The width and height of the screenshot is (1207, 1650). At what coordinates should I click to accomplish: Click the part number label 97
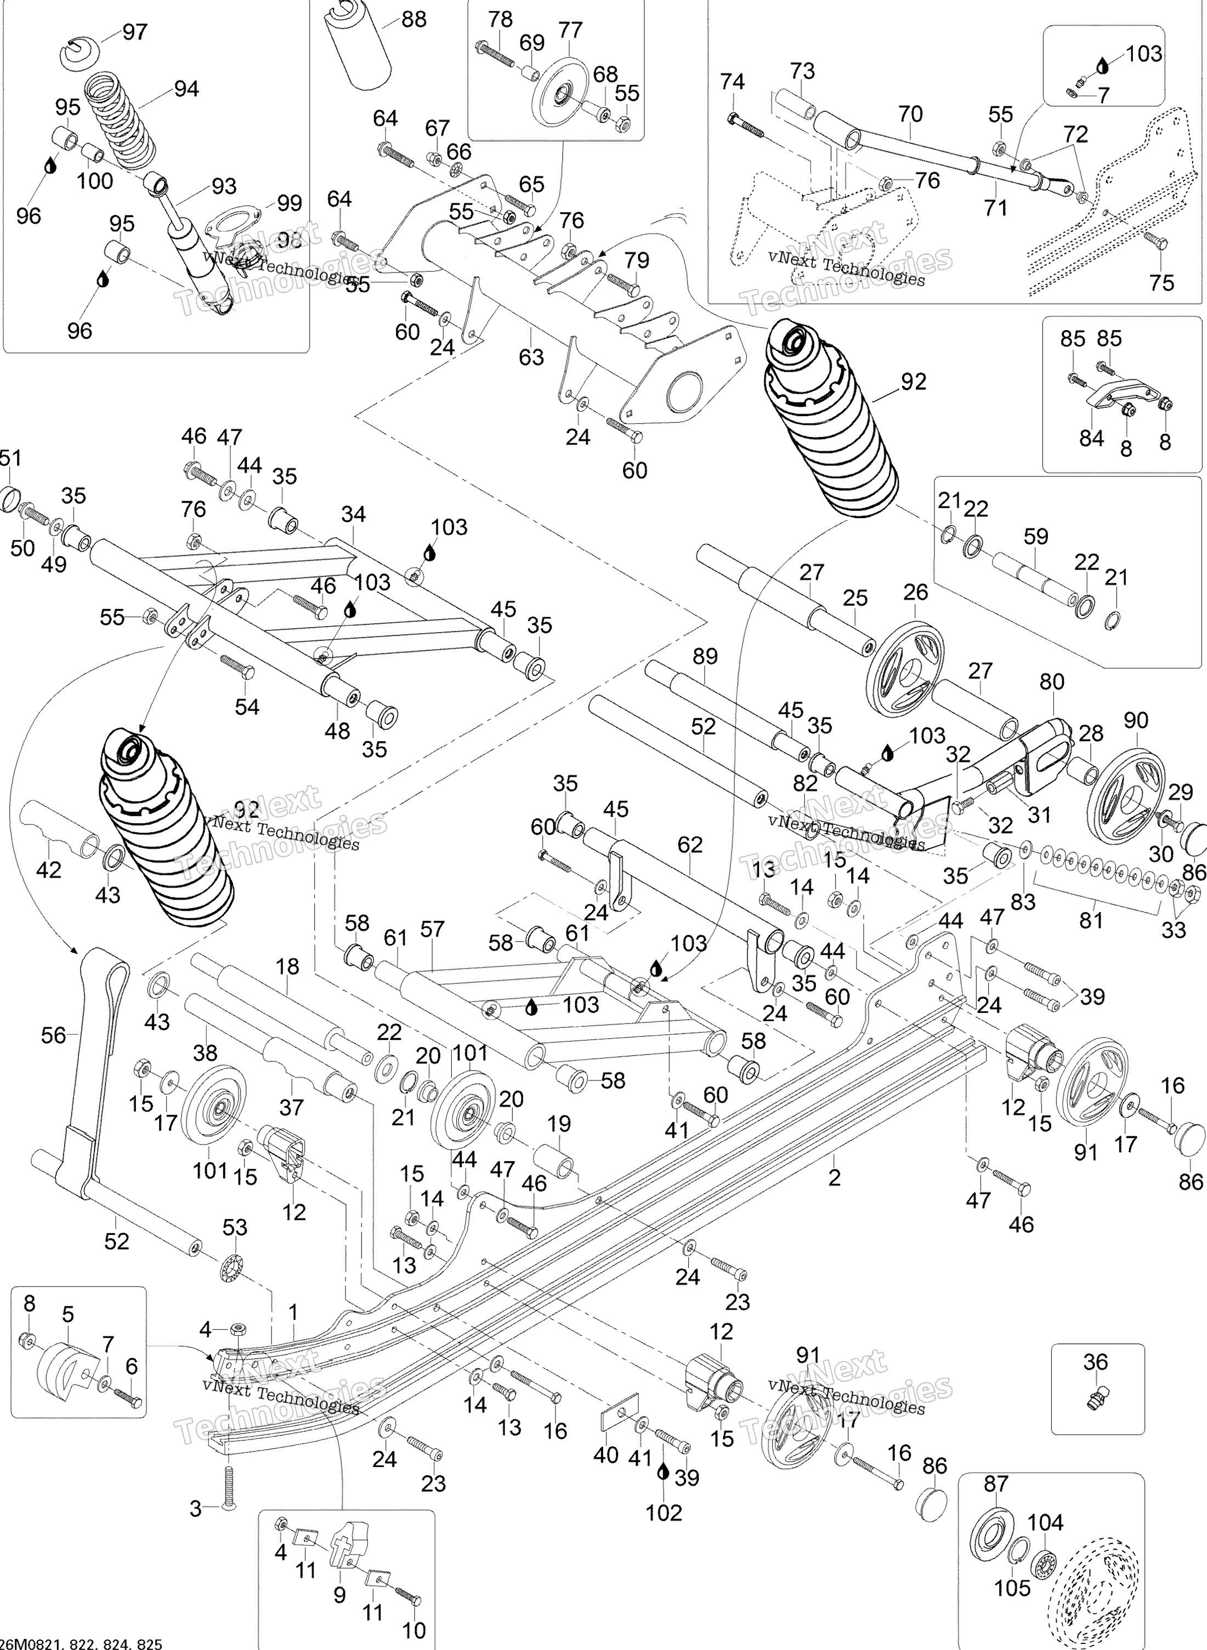tap(135, 32)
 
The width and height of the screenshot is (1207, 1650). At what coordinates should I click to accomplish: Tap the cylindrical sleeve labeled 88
tap(360, 43)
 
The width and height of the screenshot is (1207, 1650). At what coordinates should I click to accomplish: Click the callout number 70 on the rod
tap(910, 114)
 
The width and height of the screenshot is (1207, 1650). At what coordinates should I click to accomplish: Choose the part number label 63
tap(532, 357)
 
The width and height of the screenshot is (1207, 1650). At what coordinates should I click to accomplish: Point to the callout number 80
tap(1052, 682)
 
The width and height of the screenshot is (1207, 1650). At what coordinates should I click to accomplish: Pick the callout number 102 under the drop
tap(664, 1512)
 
